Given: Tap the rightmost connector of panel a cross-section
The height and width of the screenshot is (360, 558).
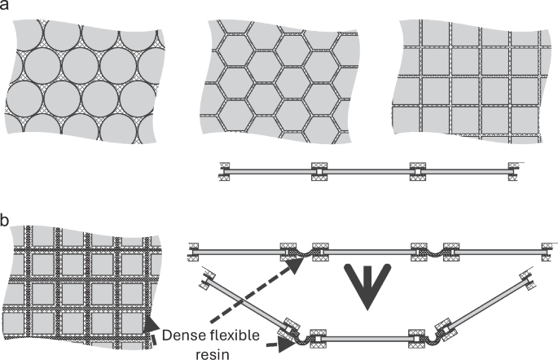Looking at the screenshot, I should pyautogui.click(x=513, y=171).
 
